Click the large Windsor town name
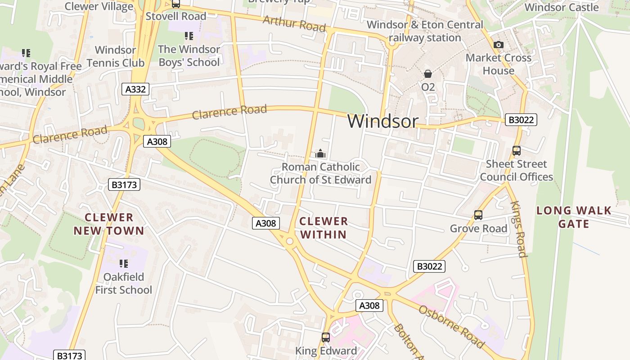point(383,121)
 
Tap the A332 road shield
point(135,89)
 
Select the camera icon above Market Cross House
point(498,45)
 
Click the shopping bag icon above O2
point(428,73)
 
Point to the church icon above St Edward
point(320,154)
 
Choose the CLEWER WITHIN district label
point(324,228)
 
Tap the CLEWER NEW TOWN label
point(109,224)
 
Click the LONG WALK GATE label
point(574,217)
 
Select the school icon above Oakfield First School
point(124,263)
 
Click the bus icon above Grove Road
point(478,215)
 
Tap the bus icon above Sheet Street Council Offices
point(517,151)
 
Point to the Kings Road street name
point(519,229)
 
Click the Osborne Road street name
point(451,326)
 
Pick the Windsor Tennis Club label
point(115,56)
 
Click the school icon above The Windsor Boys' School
point(189,36)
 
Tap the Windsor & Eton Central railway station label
point(425,31)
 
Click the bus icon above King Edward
point(326,337)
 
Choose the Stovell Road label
point(176,16)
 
